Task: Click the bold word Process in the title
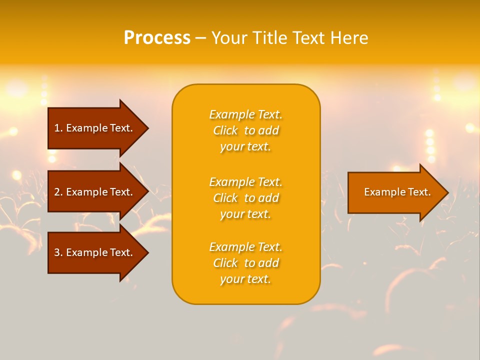pos(157,38)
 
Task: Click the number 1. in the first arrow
pos(58,128)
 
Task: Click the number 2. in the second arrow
pos(58,192)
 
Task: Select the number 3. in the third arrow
pos(58,252)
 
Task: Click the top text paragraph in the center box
pos(245,130)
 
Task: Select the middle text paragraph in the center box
pos(245,198)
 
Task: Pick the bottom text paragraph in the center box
pos(245,263)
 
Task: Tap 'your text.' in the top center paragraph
pos(245,146)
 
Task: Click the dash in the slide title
pos(200,38)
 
